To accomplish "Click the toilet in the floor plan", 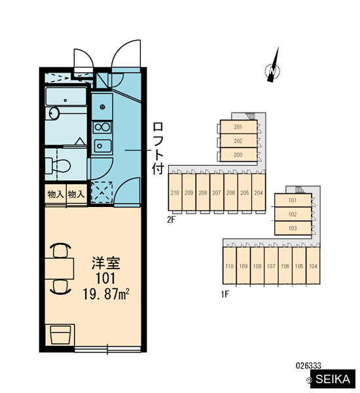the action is [x=58, y=166].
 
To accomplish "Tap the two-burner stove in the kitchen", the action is [x=102, y=127].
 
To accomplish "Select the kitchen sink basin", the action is [x=103, y=146].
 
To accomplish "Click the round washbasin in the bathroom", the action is [x=54, y=113].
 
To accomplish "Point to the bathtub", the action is [x=66, y=97].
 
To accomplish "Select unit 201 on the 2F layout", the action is [x=238, y=127].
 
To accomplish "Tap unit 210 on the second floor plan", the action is [x=175, y=193].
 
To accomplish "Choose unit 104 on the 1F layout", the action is [x=313, y=266].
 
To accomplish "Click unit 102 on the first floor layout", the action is [x=293, y=214].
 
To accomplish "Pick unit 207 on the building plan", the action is [x=217, y=193].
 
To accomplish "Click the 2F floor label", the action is [x=171, y=220].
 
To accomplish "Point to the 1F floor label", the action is [x=225, y=294].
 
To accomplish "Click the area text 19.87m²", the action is [x=106, y=294].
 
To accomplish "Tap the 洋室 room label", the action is [x=106, y=263].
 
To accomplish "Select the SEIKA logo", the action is [x=333, y=379].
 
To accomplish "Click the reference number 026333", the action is [x=308, y=365].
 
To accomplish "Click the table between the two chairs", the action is [x=60, y=269].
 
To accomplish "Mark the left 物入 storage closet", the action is [x=56, y=195].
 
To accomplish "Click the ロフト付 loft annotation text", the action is [x=158, y=148].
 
